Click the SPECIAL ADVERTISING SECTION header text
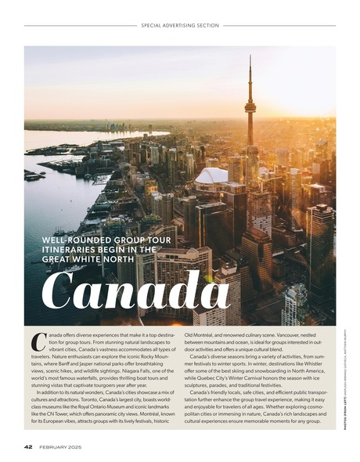point(180,25)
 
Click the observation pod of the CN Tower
point(250,108)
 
